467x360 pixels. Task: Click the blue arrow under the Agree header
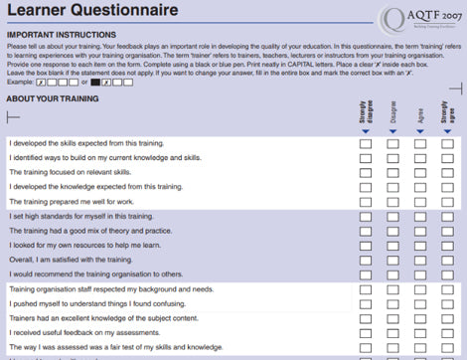[x=421, y=131]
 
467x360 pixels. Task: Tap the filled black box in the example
[x=95, y=82]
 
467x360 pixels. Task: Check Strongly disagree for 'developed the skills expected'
[x=366, y=143]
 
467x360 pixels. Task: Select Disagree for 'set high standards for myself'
[x=393, y=216]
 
